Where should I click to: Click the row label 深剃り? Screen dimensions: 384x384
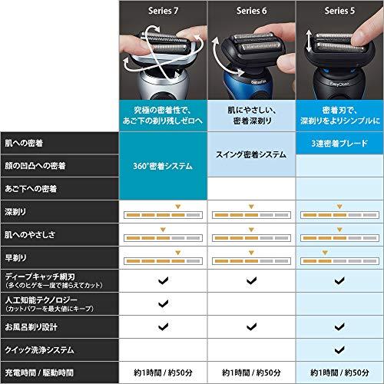[15, 210]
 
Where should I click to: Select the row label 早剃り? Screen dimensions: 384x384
[15, 253]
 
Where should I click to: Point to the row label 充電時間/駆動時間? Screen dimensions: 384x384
[38, 371]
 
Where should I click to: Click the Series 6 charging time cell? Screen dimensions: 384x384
[250, 371]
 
